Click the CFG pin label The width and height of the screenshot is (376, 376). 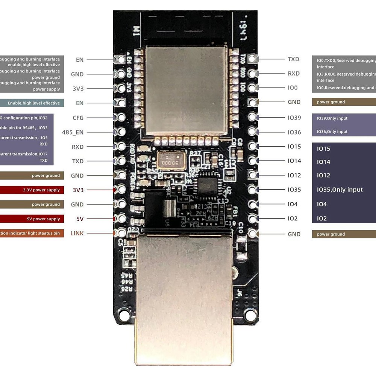pyautogui.click(x=78, y=118)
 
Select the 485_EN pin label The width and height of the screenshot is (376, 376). pyautogui.click(x=73, y=132)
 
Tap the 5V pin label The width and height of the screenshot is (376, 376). pyautogui.click(x=80, y=219)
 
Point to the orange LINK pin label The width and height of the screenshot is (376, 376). pyautogui.click(x=77, y=233)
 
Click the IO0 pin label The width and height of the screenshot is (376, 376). pyautogui.click(x=293, y=88)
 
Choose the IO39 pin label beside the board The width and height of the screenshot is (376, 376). pyautogui.click(x=294, y=118)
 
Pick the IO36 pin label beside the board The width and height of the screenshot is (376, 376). pyautogui.click(x=294, y=132)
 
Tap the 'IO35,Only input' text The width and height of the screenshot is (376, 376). pyautogui.click(x=340, y=190)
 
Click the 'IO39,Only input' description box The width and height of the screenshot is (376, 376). pyautogui.click(x=344, y=118)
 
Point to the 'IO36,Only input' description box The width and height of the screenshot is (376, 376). pyautogui.click(x=344, y=132)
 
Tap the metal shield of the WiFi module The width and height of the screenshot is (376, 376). pyautogui.click(x=186, y=90)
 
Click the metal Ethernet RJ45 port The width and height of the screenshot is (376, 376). pyautogui.click(x=184, y=297)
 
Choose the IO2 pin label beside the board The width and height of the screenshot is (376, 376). pyautogui.click(x=293, y=218)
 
